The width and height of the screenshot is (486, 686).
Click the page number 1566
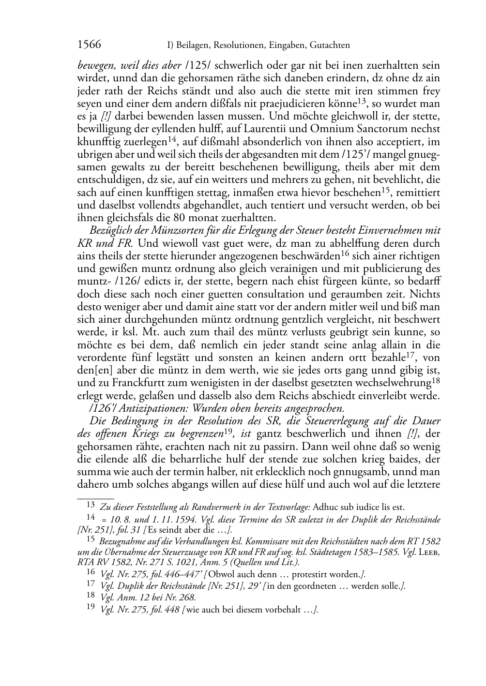coord(89,45)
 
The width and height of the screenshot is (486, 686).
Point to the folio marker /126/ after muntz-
coord(127,281)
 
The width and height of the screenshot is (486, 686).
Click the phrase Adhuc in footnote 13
coord(325,507)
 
